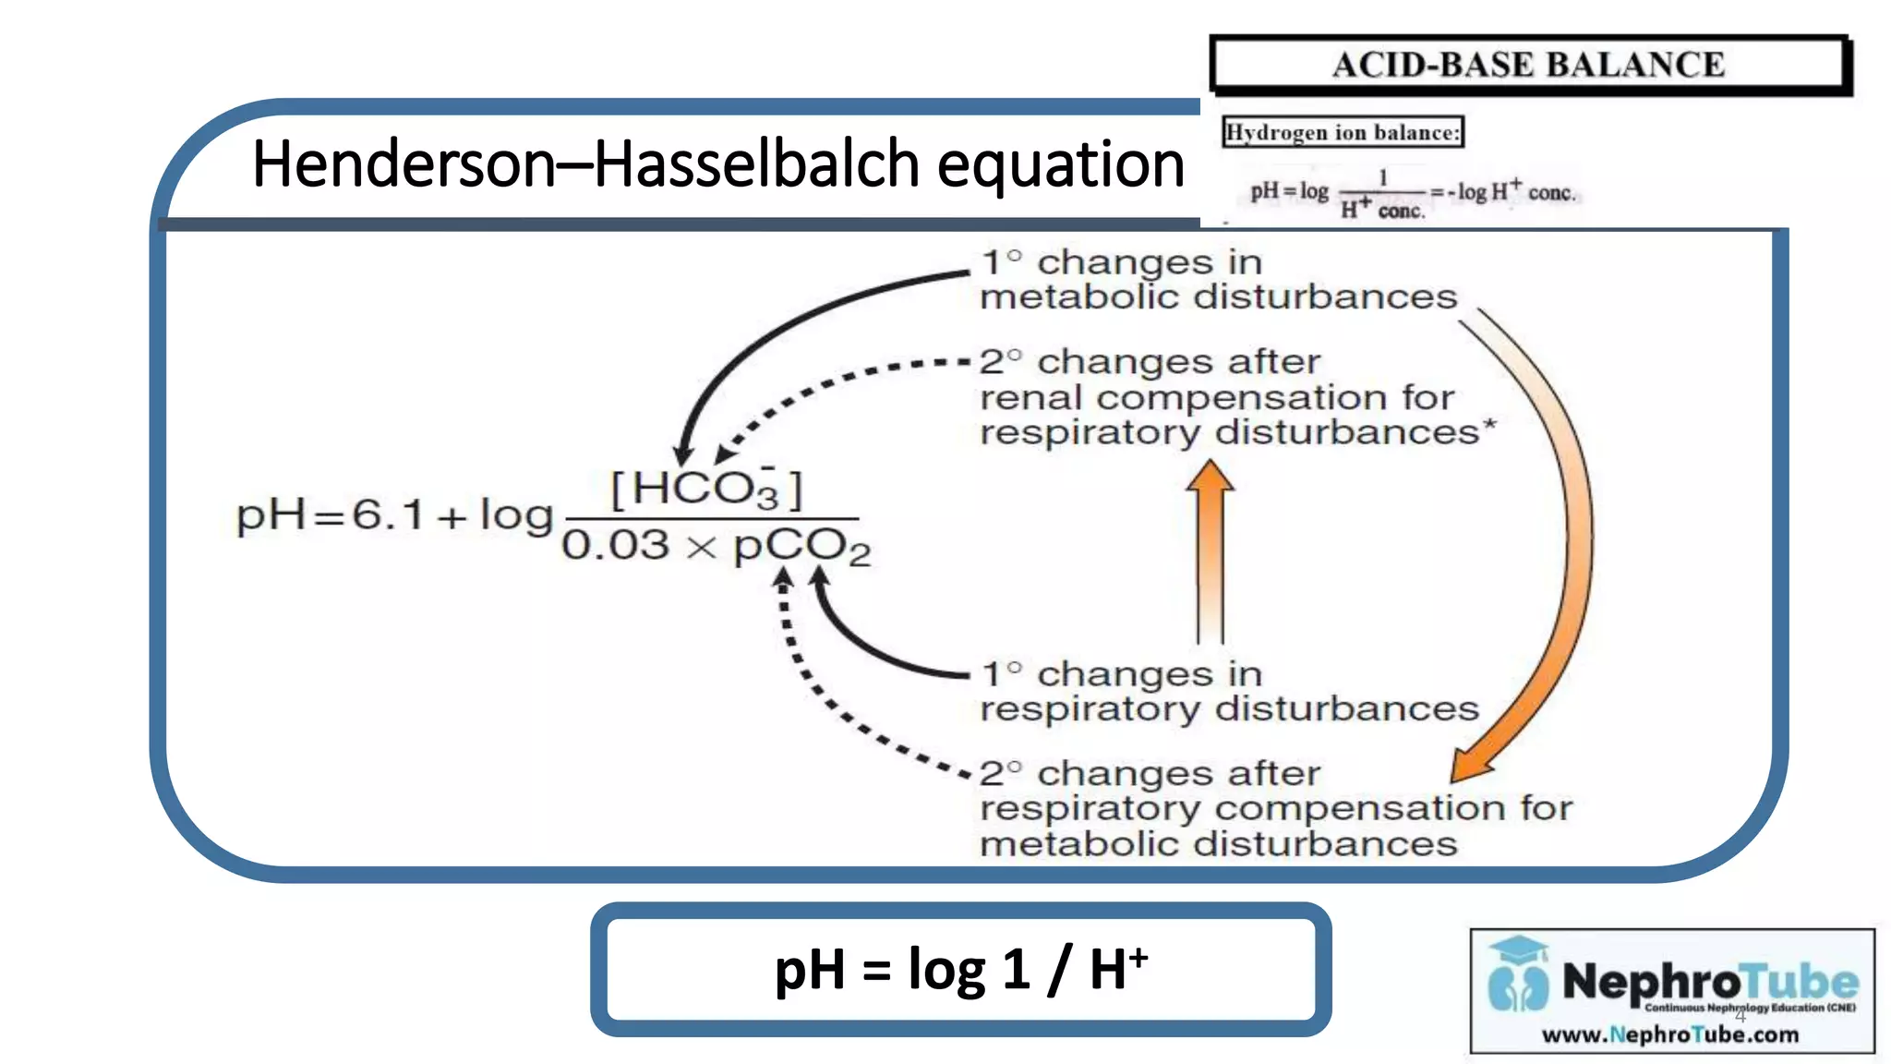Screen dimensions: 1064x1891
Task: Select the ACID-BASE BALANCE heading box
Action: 1529,65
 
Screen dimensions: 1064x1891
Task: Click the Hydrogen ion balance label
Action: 1343,132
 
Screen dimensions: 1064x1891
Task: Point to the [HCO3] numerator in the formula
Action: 707,488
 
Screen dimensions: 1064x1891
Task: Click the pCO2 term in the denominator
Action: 801,547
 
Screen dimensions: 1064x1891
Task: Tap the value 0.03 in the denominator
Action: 615,545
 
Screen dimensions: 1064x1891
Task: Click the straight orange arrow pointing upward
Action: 1210,554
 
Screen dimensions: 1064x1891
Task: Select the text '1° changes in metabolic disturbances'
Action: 1217,280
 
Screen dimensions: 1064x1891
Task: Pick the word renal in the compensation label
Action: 1030,398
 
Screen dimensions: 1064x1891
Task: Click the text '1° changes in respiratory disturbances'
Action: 1228,692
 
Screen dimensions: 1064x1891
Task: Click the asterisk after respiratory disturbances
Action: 1488,426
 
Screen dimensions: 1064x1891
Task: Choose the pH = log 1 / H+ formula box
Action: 960,970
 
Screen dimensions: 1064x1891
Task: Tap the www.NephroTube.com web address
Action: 1669,1034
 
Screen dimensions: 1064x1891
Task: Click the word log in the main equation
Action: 515,514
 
